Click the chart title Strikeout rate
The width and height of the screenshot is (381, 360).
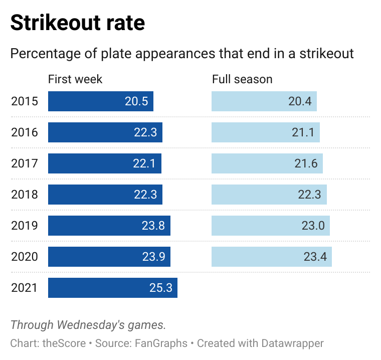(x=78, y=23)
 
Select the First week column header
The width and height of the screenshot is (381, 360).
(x=75, y=79)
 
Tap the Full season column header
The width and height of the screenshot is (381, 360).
(x=242, y=79)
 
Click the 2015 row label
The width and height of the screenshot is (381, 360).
(x=25, y=101)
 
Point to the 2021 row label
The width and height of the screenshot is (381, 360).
(x=25, y=288)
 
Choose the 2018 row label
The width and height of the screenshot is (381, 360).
(x=25, y=195)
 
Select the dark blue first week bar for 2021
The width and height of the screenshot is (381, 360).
(x=113, y=288)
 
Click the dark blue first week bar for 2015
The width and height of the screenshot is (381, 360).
(x=100, y=101)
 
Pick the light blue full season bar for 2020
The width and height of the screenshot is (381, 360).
(x=271, y=257)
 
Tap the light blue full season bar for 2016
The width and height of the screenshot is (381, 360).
(x=265, y=132)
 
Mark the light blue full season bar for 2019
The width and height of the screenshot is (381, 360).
(x=270, y=226)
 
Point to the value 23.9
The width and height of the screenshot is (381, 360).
(x=153, y=257)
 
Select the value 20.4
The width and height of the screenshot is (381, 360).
(x=300, y=101)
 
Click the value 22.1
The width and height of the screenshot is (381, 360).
(x=145, y=163)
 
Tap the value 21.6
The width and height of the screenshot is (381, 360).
(x=306, y=163)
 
